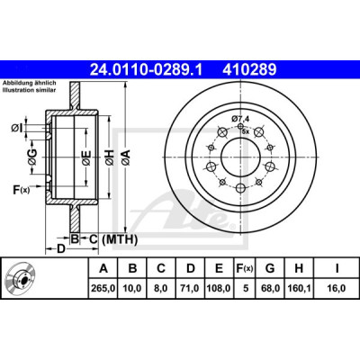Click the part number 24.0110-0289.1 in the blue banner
coord(147,70)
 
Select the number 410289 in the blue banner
coord(249,70)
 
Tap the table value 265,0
coord(103,288)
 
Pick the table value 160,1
coord(299,288)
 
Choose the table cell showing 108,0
coord(219,288)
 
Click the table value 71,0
coord(191,288)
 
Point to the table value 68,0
coord(270,288)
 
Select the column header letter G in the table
coord(270,268)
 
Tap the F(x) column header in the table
coord(245,268)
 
